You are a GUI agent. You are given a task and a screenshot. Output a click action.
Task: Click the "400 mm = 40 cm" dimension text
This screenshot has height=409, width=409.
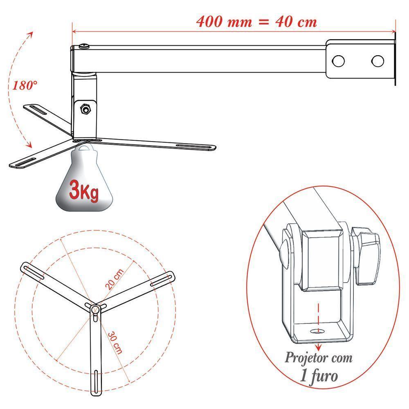pyautogui.click(x=257, y=21)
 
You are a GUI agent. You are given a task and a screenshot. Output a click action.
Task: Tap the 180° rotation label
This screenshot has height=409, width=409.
pyautogui.click(x=25, y=85)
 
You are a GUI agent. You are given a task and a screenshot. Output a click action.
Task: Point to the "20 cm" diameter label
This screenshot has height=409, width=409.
pyautogui.click(x=115, y=279)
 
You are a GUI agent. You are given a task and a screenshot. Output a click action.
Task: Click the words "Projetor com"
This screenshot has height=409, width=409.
pyautogui.click(x=319, y=357)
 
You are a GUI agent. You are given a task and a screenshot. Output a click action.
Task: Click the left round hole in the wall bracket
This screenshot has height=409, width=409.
pyautogui.click(x=338, y=61)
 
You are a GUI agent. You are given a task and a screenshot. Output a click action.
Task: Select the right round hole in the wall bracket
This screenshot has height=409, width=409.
pyautogui.click(x=378, y=61)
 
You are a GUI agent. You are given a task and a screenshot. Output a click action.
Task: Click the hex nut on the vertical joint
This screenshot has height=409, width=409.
pyautogui.click(x=85, y=109)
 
